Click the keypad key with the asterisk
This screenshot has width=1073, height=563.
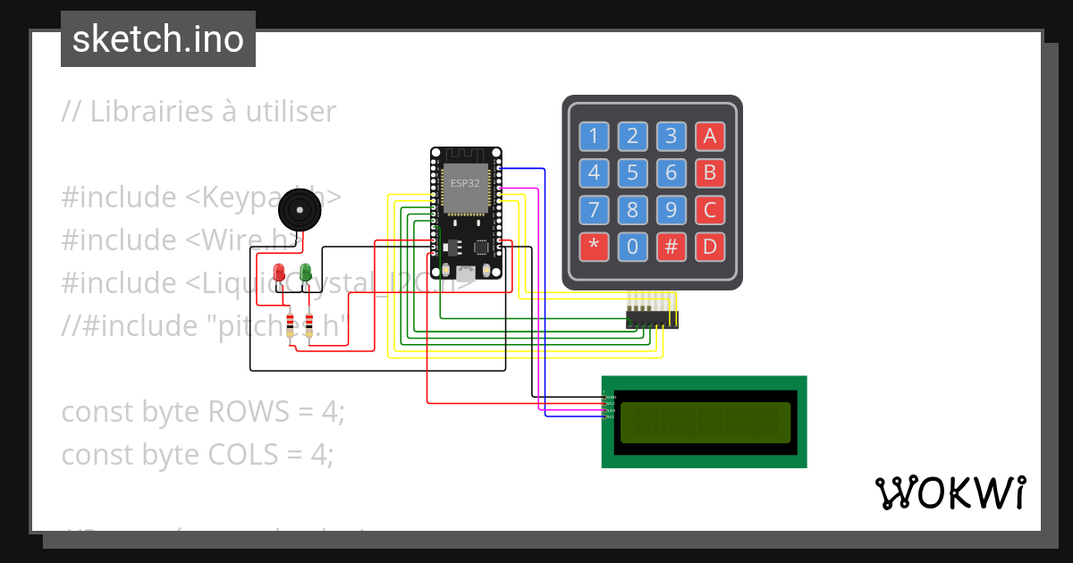(593, 247)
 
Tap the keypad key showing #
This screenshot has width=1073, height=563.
(671, 247)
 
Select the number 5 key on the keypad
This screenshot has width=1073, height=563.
(632, 172)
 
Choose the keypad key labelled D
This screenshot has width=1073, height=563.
(710, 247)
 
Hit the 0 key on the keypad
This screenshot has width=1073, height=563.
(632, 247)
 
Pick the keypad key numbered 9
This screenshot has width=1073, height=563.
(671, 210)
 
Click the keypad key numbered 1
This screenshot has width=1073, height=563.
(593, 136)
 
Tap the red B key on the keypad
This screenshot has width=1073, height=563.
(710, 172)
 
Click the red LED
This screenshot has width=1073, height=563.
(279, 272)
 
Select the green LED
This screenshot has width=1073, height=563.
(306, 272)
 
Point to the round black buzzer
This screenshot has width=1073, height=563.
(298, 213)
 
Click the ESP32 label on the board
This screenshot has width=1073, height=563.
(465, 183)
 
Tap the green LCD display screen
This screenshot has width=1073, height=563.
(705, 423)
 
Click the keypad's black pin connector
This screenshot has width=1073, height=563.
(652, 317)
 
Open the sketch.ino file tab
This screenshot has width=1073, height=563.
(158, 39)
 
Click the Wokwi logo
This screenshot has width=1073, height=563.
(950, 492)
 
